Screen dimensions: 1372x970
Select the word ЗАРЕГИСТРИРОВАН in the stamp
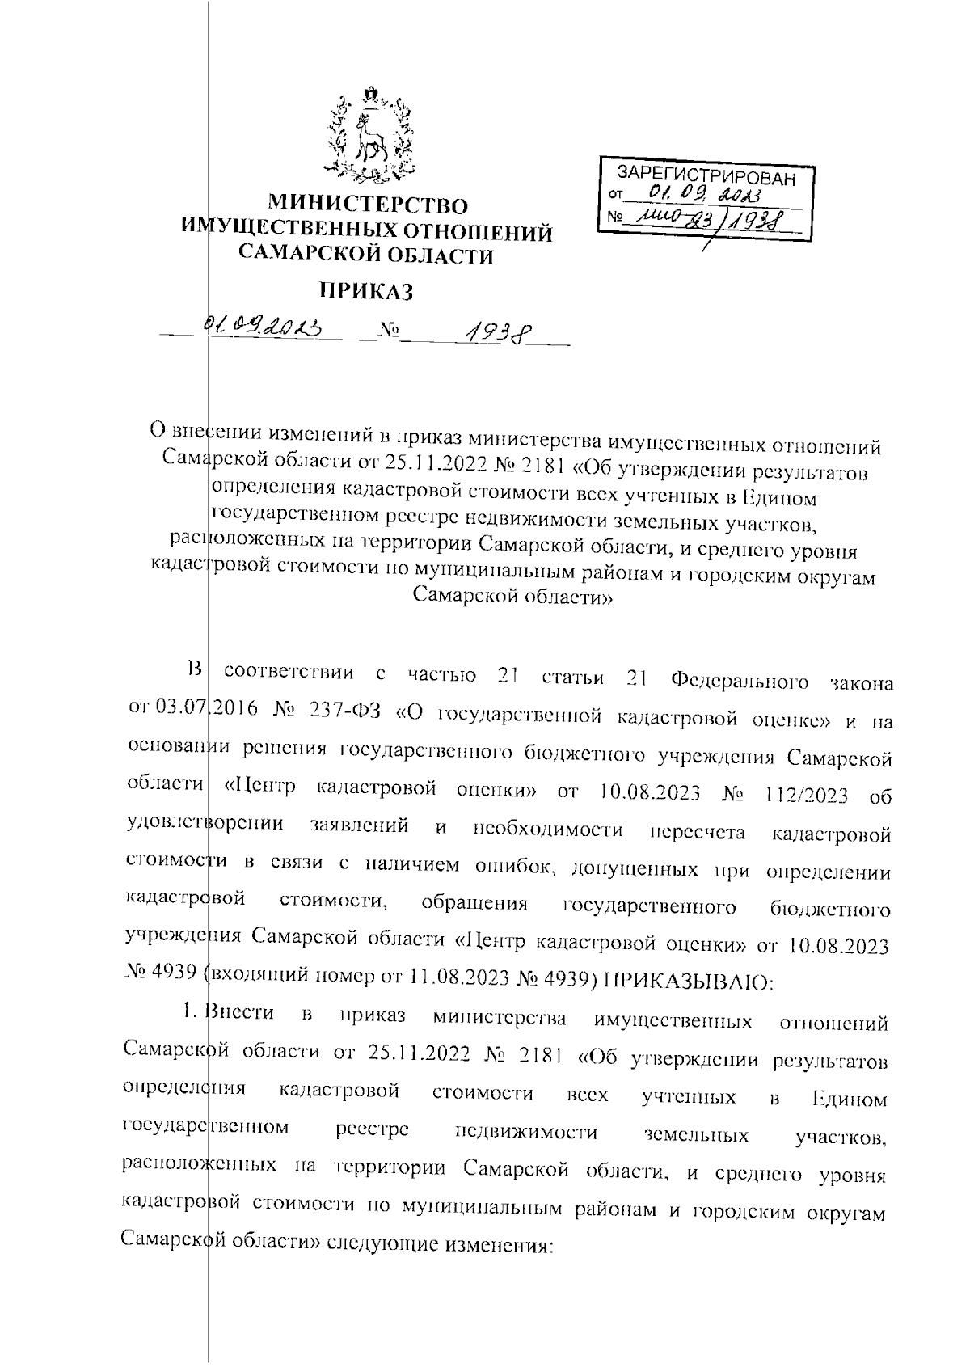click(x=706, y=175)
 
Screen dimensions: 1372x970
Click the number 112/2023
click(x=803, y=795)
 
